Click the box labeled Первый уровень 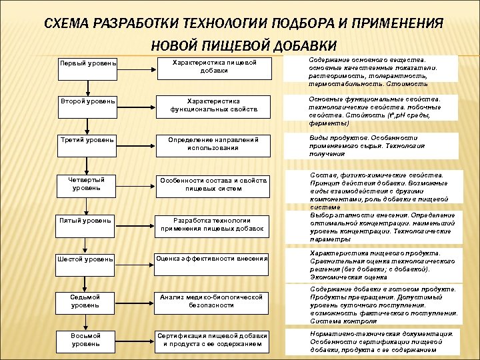point(88,63)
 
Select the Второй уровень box point(88,101)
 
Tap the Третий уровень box point(88,140)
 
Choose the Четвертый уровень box point(88,184)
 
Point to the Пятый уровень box point(88,220)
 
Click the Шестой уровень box point(88,258)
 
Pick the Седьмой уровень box point(88,301)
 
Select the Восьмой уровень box point(88,340)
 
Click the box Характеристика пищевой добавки point(213,66)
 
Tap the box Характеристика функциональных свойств point(213,105)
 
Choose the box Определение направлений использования point(213,143)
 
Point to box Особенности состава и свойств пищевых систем point(213,184)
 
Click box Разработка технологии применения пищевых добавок point(213,224)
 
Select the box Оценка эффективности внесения point(213,258)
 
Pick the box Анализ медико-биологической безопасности point(213,301)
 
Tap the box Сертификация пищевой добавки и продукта point(213,340)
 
